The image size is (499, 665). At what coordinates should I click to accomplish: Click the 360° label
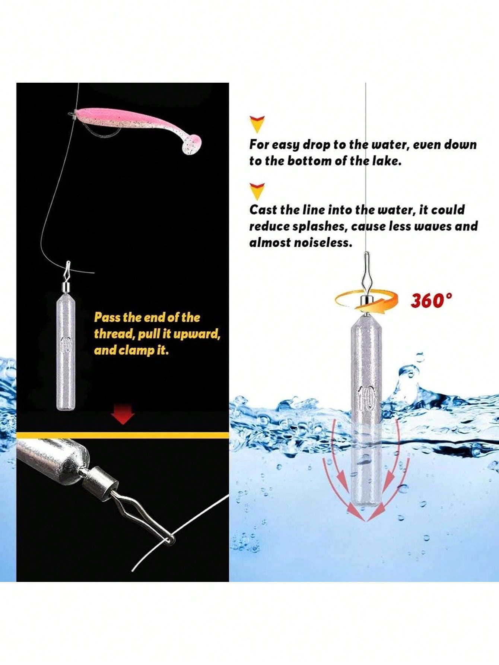pyautogui.click(x=432, y=301)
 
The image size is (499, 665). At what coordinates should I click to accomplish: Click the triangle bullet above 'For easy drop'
pyautogui.click(x=257, y=124)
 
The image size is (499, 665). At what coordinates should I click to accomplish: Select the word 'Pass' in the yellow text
pyautogui.click(x=107, y=317)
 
